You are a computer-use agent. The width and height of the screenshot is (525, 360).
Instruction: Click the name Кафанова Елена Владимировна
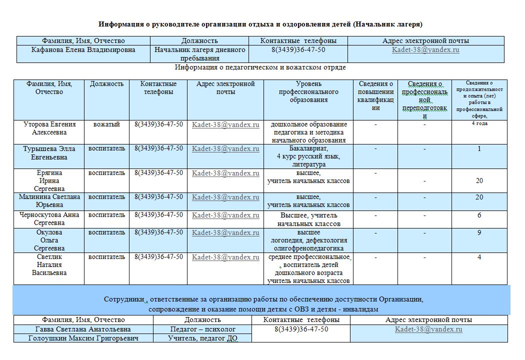tap(83, 50)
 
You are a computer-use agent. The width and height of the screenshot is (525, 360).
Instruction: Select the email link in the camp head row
tap(425, 50)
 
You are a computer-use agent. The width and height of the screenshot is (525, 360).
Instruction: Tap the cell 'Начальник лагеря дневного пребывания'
tap(199, 54)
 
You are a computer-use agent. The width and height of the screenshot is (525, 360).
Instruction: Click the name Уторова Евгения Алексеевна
tap(49, 128)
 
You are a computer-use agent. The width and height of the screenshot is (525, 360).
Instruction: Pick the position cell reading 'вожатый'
tap(106, 124)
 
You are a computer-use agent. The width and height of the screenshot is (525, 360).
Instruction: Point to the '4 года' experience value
tap(479, 123)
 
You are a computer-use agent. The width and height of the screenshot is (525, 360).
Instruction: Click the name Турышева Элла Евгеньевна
tap(49, 153)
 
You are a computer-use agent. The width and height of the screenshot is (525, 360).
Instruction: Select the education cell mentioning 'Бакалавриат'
tap(308, 156)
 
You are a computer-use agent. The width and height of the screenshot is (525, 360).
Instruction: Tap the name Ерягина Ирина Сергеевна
tap(49, 180)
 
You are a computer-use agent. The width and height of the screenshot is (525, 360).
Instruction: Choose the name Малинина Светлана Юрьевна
tap(49, 201)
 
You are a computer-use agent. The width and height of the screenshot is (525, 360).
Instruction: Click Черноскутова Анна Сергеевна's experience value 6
tap(479, 215)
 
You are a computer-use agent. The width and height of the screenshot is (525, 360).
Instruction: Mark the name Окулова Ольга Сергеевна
tap(49, 240)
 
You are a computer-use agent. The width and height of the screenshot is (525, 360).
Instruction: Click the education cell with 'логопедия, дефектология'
tap(308, 240)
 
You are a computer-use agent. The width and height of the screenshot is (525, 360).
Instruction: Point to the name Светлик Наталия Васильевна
tap(49, 265)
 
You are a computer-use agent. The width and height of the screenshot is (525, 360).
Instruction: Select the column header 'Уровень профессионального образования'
tap(308, 92)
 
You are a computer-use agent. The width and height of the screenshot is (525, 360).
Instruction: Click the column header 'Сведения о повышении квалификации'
tap(375, 95)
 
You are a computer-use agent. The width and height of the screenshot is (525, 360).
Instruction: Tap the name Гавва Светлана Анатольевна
tap(83, 329)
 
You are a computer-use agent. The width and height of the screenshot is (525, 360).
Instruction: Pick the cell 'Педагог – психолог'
tap(202, 329)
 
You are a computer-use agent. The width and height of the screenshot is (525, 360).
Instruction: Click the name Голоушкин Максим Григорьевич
tap(83, 338)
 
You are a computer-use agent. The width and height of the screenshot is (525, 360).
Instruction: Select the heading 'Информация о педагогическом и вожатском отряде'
tap(260, 67)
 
